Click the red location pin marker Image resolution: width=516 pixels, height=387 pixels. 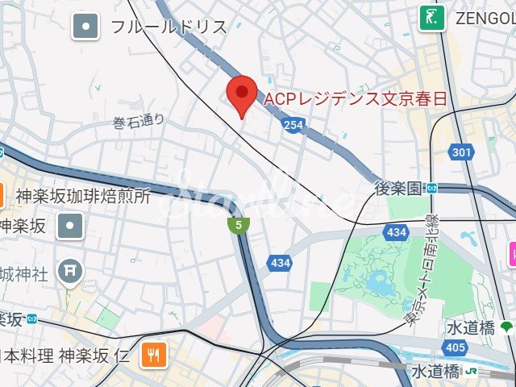pos(241,96)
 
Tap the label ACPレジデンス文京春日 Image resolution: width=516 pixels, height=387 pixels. pos(356,99)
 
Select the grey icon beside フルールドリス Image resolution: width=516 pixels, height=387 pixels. pos(85,27)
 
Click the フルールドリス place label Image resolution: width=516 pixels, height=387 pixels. pos(169,27)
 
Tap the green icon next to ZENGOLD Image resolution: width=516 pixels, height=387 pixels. pos(432,18)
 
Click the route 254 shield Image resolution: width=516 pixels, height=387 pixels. pos(293,125)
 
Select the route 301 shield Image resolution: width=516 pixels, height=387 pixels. pos(462,152)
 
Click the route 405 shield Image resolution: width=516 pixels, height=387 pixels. pos(455,347)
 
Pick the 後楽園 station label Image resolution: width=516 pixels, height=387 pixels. pos(398,189)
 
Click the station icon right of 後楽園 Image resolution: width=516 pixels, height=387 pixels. pos(432,189)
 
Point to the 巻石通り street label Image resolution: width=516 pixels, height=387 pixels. pos(138,122)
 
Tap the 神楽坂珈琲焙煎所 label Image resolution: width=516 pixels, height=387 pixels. pos(83,196)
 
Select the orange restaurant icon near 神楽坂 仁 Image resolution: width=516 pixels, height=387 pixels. pos(153,353)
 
